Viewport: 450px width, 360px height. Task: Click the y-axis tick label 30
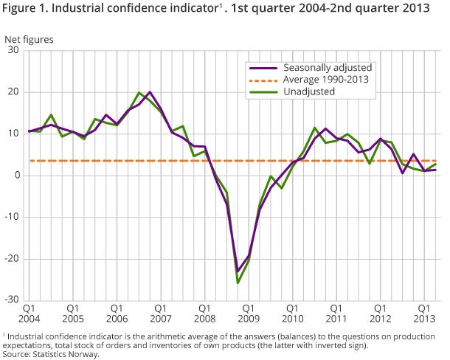[13, 50]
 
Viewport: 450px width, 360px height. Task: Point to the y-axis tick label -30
[11, 300]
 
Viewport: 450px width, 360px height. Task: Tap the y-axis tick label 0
[15, 176]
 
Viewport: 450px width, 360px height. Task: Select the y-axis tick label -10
[11, 217]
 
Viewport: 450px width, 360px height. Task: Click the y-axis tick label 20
[13, 92]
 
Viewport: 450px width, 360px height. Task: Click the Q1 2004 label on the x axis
[30, 313]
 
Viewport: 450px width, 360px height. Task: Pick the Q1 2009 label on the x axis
[248, 313]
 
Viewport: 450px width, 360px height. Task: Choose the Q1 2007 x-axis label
[160, 313]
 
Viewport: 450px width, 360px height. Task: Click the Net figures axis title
[29, 38]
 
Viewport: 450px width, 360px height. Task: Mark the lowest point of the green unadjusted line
[238, 283]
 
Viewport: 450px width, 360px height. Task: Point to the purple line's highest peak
[150, 92]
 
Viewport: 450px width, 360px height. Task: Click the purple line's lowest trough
[238, 271]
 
